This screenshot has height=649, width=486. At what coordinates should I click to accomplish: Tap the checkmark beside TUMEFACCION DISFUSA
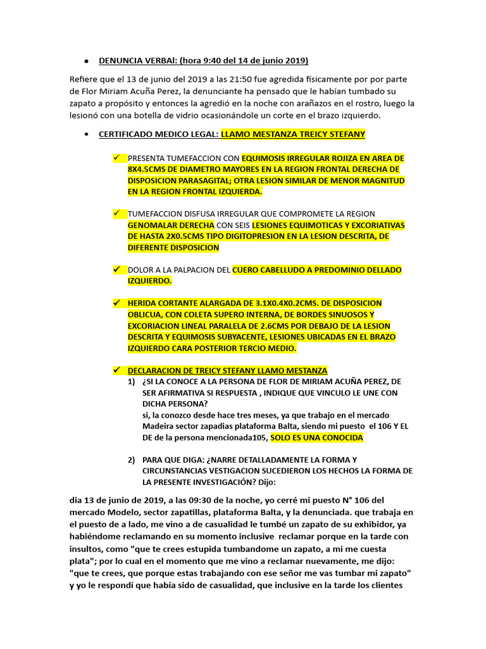pyautogui.click(x=116, y=214)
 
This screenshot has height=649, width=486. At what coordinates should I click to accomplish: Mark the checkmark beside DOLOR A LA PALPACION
pyautogui.click(x=116, y=269)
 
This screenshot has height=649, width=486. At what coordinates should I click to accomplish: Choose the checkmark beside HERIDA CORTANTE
pyautogui.click(x=116, y=303)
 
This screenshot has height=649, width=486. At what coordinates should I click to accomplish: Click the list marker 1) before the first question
pyautogui.click(x=132, y=382)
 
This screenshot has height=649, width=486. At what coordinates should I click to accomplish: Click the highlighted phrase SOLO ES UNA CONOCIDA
pyautogui.click(x=316, y=437)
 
